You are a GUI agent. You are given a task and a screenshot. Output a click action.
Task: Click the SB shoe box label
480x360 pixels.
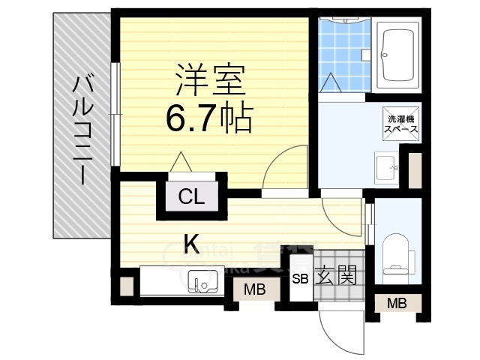300,279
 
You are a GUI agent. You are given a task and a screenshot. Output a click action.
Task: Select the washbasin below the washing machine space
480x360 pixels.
387,166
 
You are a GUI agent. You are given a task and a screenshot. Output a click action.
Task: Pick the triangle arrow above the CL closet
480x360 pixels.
180,162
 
